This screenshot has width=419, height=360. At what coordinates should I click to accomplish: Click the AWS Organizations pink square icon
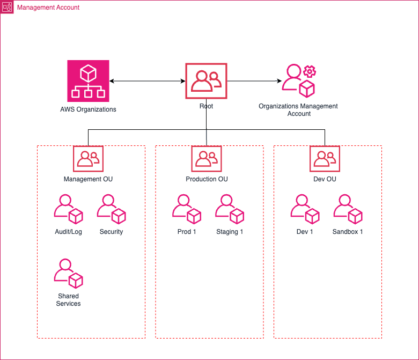coord(88,80)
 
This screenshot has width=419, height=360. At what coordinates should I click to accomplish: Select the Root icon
coord(206,81)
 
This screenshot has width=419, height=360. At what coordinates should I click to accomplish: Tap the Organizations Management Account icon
coord(299,80)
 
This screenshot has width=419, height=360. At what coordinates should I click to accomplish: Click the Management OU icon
coord(88,158)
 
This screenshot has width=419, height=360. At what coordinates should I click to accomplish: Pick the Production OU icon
coord(207,158)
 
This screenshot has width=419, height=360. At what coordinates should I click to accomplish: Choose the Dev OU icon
coord(325,158)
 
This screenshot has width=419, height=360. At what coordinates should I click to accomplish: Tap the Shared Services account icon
coord(68,274)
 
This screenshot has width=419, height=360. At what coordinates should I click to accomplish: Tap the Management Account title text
coord(48,8)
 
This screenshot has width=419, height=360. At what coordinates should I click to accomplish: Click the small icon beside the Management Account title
coord(8,8)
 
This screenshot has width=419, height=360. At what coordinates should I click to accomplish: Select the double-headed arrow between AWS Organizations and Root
coord(147,81)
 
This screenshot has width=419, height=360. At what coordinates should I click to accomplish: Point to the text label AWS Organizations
coord(88,109)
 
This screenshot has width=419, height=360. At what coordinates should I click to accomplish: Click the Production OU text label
coord(207,179)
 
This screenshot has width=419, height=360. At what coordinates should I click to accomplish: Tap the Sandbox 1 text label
coord(348,232)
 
